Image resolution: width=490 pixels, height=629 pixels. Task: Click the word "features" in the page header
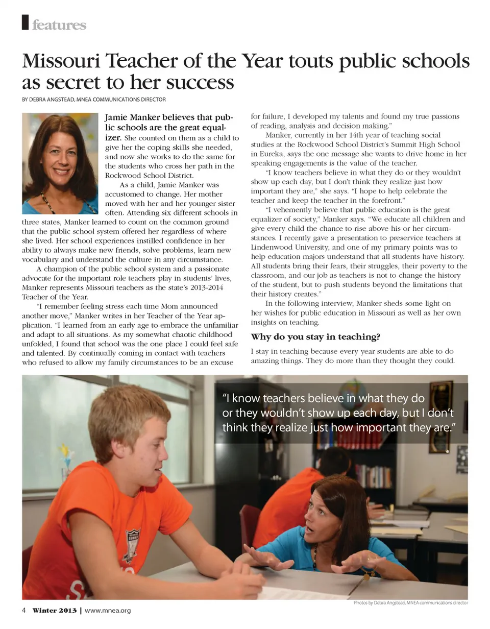[59, 25]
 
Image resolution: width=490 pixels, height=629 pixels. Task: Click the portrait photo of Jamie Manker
[60, 163]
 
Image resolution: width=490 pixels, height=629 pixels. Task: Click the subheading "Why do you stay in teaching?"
[315, 337]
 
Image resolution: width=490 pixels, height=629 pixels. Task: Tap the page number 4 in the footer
[24, 611]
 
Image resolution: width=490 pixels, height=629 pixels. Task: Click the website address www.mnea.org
[108, 611]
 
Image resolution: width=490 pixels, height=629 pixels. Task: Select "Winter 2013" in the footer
[55, 611]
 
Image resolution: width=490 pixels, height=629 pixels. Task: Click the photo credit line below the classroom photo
[410, 603]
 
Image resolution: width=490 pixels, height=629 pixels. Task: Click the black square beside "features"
[25, 22]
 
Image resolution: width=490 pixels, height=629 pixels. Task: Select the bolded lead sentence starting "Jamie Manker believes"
[168, 123]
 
